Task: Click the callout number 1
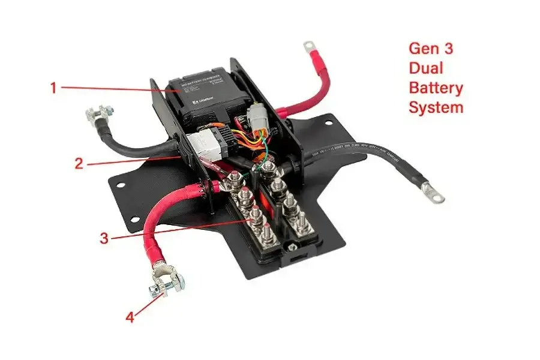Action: pos(53,88)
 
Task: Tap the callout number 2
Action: pos(79,163)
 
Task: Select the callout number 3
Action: pos(104,238)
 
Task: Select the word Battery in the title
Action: pos(436,88)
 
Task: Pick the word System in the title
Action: pos(436,108)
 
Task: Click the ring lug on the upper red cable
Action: pos(310,46)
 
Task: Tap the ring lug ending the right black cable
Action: pos(433,193)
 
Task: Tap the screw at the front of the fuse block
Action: pos(292,247)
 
